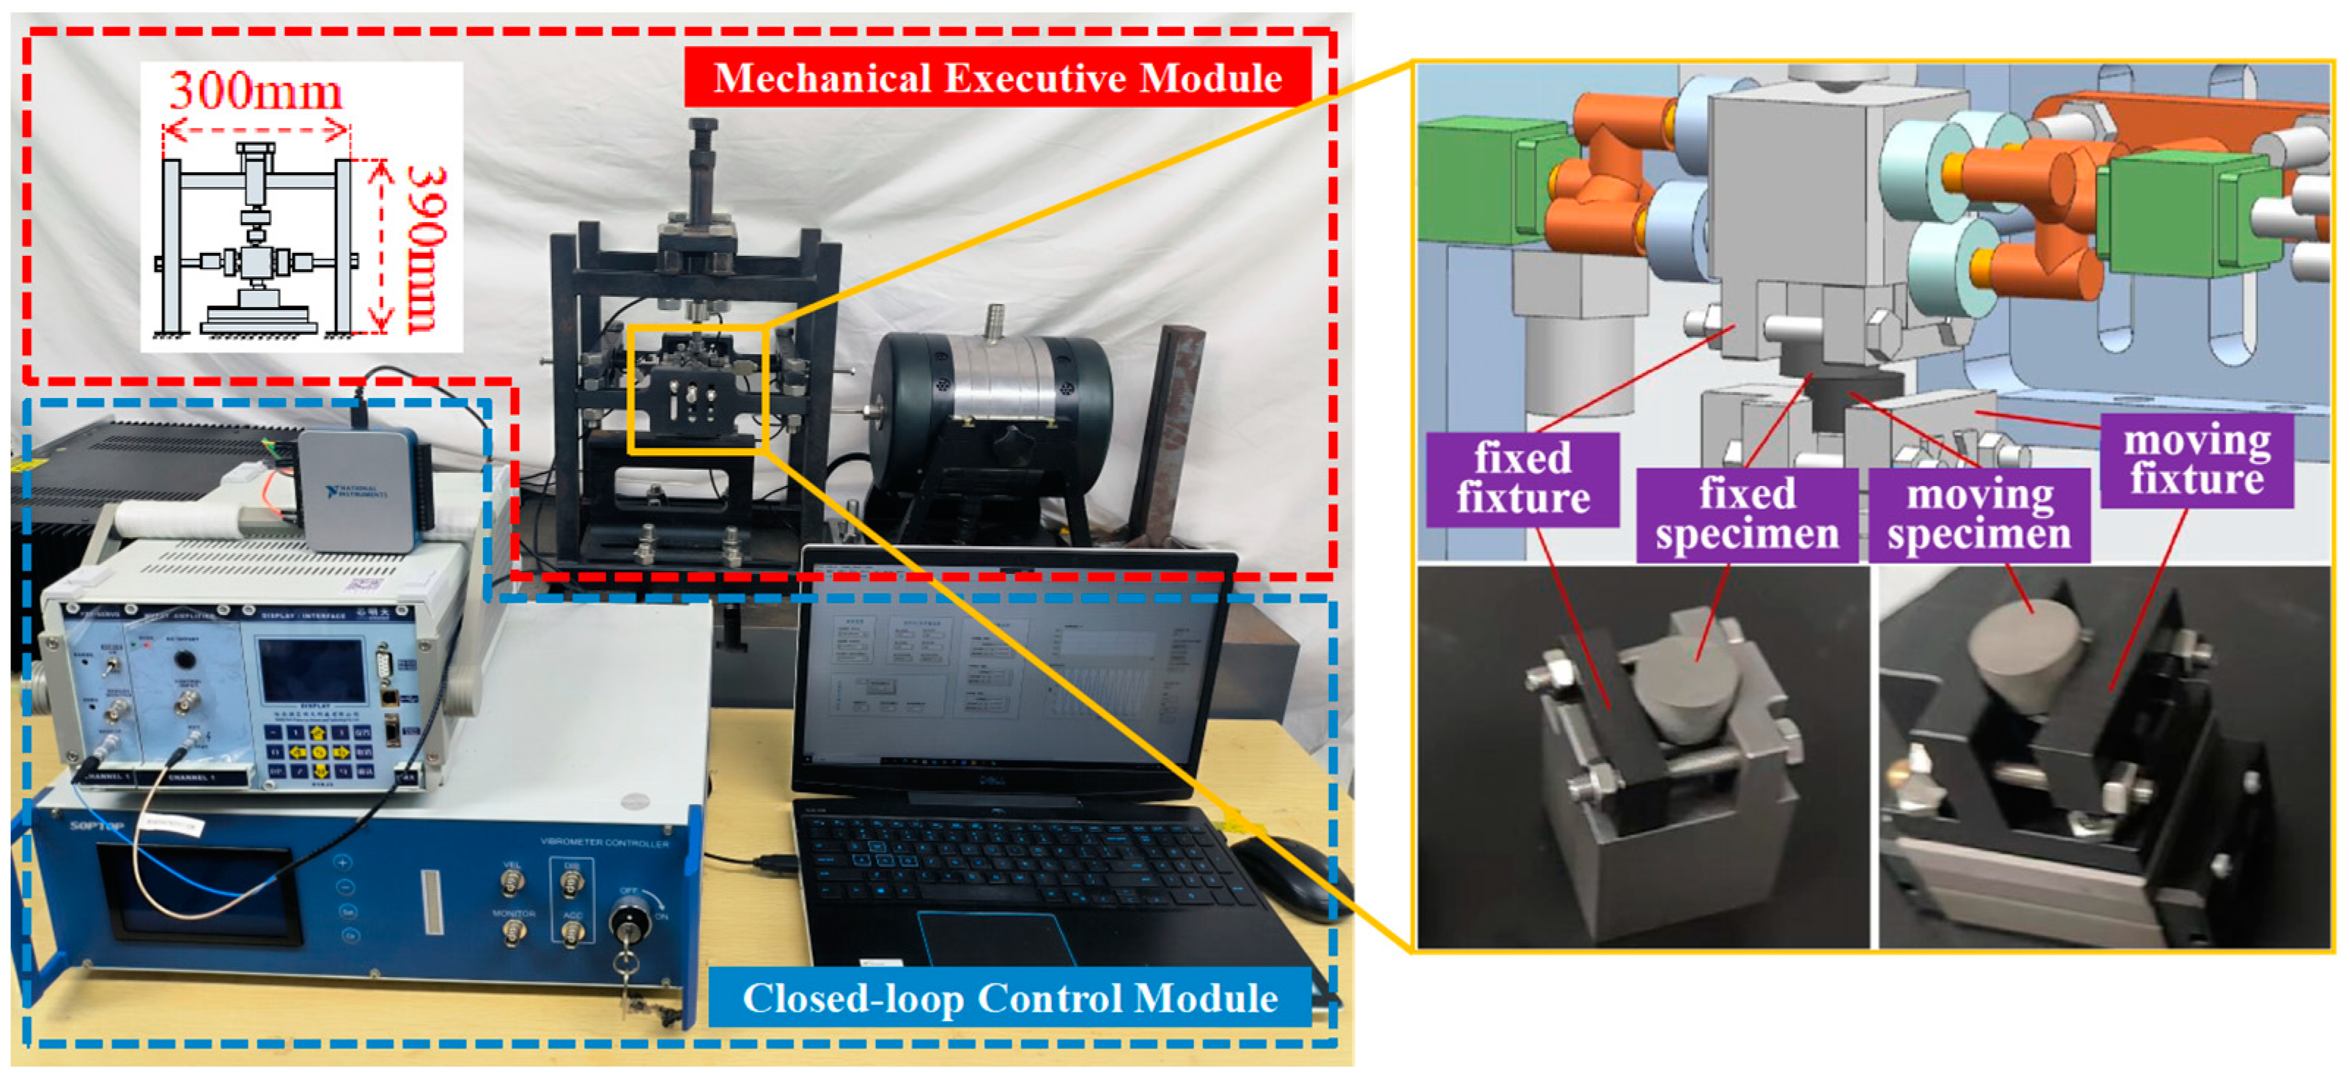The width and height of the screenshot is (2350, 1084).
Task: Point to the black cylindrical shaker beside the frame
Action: [990, 402]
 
